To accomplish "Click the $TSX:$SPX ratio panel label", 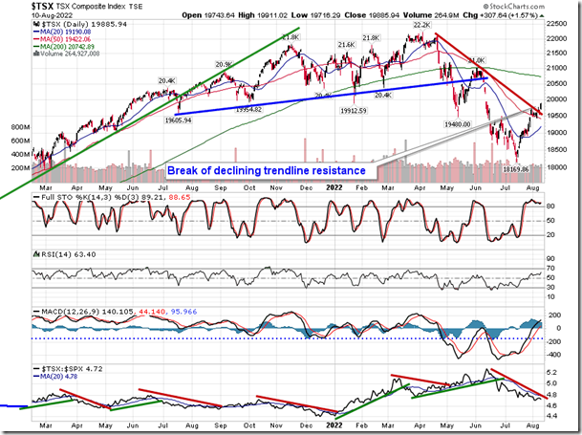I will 56,366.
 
